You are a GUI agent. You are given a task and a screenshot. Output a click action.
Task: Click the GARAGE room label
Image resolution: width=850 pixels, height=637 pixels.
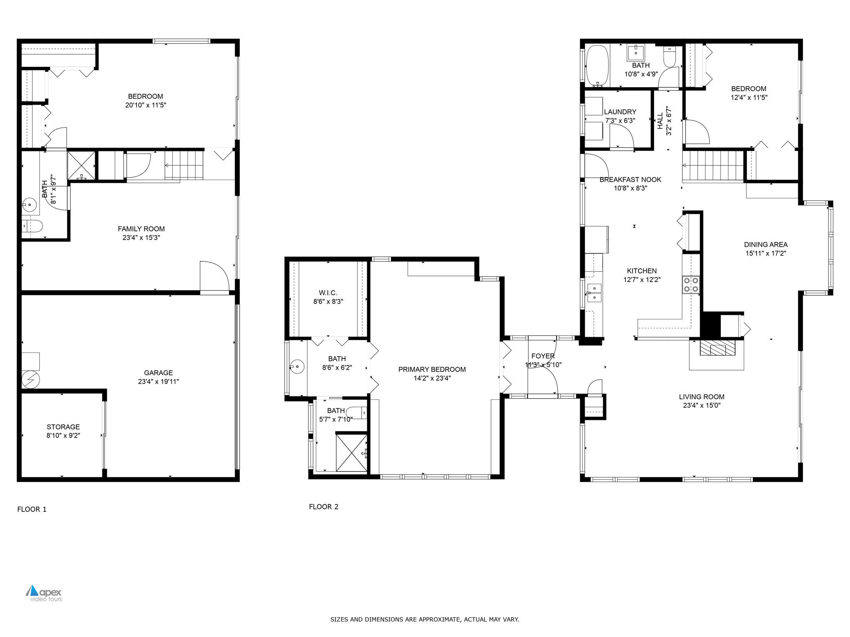(x=158, y=372)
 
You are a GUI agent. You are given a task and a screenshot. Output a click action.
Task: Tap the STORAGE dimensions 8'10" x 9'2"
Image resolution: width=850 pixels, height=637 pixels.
(x=63, y=435)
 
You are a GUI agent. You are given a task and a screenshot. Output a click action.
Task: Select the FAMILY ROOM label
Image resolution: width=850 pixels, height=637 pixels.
(x=141, y=229)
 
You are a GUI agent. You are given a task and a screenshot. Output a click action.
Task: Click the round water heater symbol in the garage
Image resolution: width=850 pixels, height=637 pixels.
(x=30, y=379)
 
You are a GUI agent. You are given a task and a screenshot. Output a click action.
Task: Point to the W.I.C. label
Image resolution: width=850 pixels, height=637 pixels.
(x=328, y=293)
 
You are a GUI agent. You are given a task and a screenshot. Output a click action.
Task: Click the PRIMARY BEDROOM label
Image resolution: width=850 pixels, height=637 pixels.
(x=432, y=369)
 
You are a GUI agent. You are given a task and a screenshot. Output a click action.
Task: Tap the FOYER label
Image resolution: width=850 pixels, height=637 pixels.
(x=542, y=356)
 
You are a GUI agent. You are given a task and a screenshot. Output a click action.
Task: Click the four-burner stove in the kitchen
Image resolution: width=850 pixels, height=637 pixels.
(x=691, y=284)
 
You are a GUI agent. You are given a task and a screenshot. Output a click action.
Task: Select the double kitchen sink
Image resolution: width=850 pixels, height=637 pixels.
(x=594, y=292)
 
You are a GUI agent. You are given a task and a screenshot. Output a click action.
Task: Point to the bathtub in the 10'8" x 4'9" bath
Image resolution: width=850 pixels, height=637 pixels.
(x=597, y=66)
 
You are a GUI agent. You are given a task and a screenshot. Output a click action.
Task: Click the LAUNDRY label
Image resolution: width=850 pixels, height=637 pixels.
(x=620, y=112)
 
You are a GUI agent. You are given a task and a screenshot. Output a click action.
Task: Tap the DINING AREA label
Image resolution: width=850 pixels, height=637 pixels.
(x=765, y=244)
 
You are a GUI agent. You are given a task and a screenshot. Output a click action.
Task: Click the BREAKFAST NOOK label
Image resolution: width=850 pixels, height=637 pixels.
(x=630, y=179)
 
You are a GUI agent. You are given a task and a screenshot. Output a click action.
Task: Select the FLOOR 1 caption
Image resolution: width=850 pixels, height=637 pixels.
(x=32, y=509)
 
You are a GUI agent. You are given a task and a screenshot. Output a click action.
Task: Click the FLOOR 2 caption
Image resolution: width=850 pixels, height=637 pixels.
(x=323, y=506)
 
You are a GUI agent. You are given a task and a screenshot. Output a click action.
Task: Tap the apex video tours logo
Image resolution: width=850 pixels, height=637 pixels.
(x=44, y=593)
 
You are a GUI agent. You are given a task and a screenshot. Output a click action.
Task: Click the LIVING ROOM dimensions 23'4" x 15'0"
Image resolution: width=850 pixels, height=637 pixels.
(x=701, y=406)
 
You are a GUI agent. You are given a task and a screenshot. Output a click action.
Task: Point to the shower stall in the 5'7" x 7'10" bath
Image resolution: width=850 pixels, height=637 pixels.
(x=351, y=452)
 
